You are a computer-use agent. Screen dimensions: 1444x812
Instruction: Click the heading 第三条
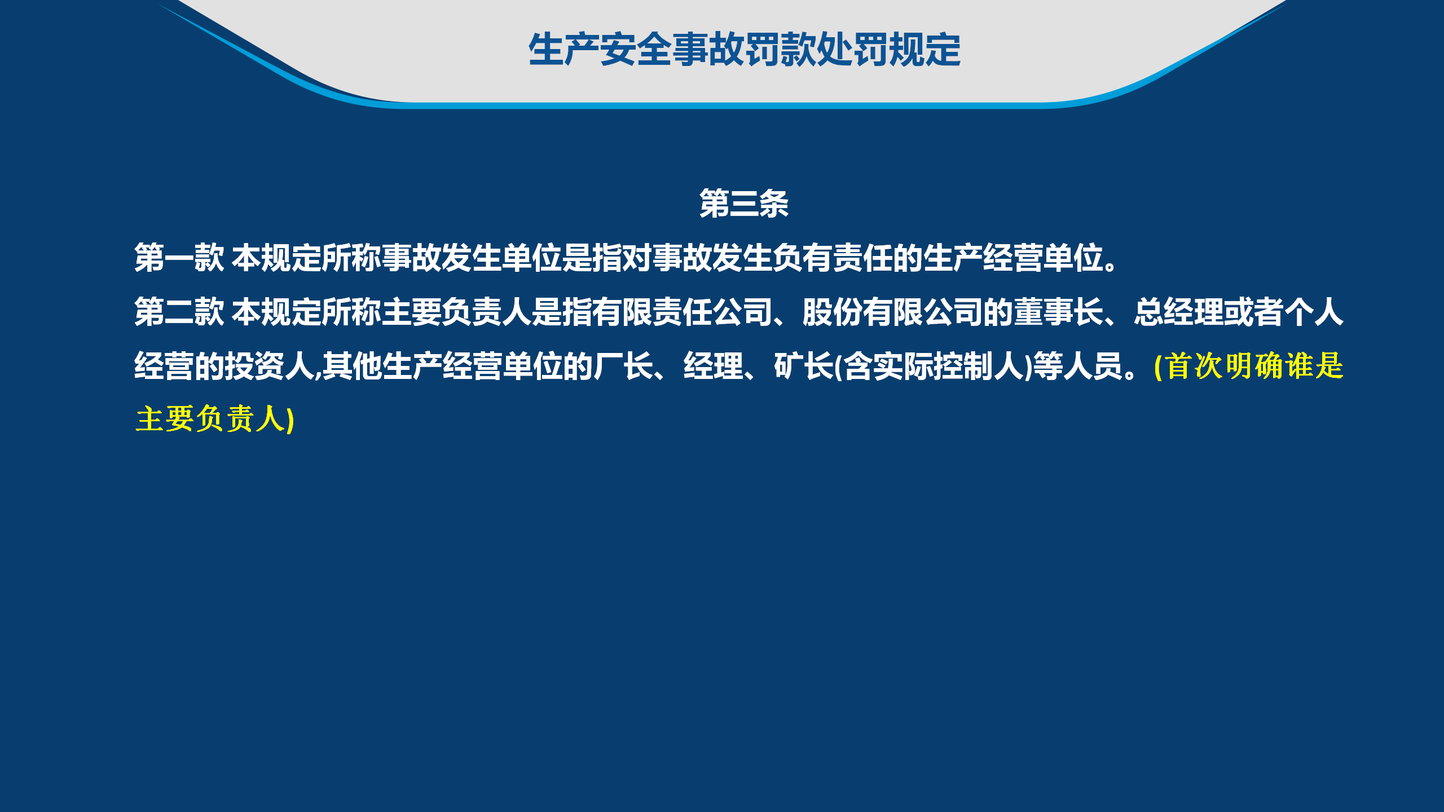[743, 204]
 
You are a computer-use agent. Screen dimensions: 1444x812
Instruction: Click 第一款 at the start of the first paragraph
[179, 258]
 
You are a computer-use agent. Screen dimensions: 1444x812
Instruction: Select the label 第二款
[179, 312]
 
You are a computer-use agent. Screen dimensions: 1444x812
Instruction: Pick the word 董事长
[1058, 312]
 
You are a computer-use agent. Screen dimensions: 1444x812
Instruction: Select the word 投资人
[269, 366]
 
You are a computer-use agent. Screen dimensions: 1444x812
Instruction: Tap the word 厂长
[623, 366]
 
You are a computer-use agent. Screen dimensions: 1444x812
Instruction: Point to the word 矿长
[803, 366]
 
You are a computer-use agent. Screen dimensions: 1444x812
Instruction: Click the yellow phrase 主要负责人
[211, 419]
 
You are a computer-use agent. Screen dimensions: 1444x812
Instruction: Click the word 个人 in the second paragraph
[1314, 312]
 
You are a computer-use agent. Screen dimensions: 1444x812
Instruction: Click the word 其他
[352, 366]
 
